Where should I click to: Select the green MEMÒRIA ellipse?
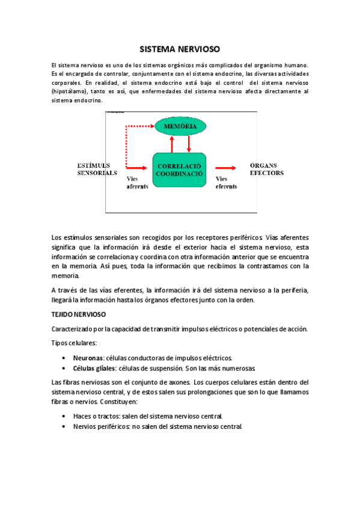point(180,126)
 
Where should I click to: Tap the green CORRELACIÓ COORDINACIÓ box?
point(179,169)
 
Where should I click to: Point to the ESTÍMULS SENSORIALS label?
point(97,169)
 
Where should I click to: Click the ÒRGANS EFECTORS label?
point(266,169)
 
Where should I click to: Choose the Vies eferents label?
point(226,182)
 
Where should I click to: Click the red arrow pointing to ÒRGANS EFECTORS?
point(226,169)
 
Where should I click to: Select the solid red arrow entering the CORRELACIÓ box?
point(138,168)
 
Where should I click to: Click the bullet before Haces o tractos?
point(64,416)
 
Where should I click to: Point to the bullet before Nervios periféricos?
point(64,427)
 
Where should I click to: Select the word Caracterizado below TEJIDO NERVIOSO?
point(73,329)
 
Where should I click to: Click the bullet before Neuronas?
point(64,358)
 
